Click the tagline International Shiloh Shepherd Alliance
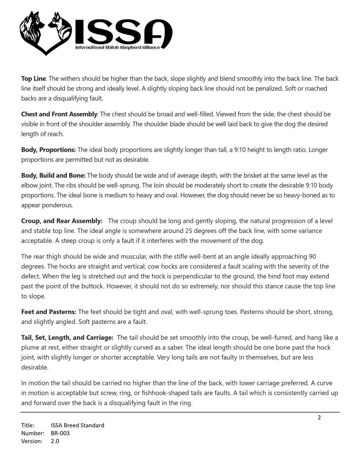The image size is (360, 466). coord(117,47)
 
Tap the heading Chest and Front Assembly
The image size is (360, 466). coord(59,114)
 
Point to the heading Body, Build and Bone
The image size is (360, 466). coord(53,175)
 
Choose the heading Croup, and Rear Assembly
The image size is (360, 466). coord(62,221)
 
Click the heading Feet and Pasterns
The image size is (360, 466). coord(49,312)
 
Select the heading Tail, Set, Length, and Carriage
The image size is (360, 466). coord(67,337)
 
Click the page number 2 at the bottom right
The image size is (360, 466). coord(319,417)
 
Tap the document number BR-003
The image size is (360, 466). coord(60,433)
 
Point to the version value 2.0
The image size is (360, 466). coord(55,441)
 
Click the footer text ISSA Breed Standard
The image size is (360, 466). coord(77,425)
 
